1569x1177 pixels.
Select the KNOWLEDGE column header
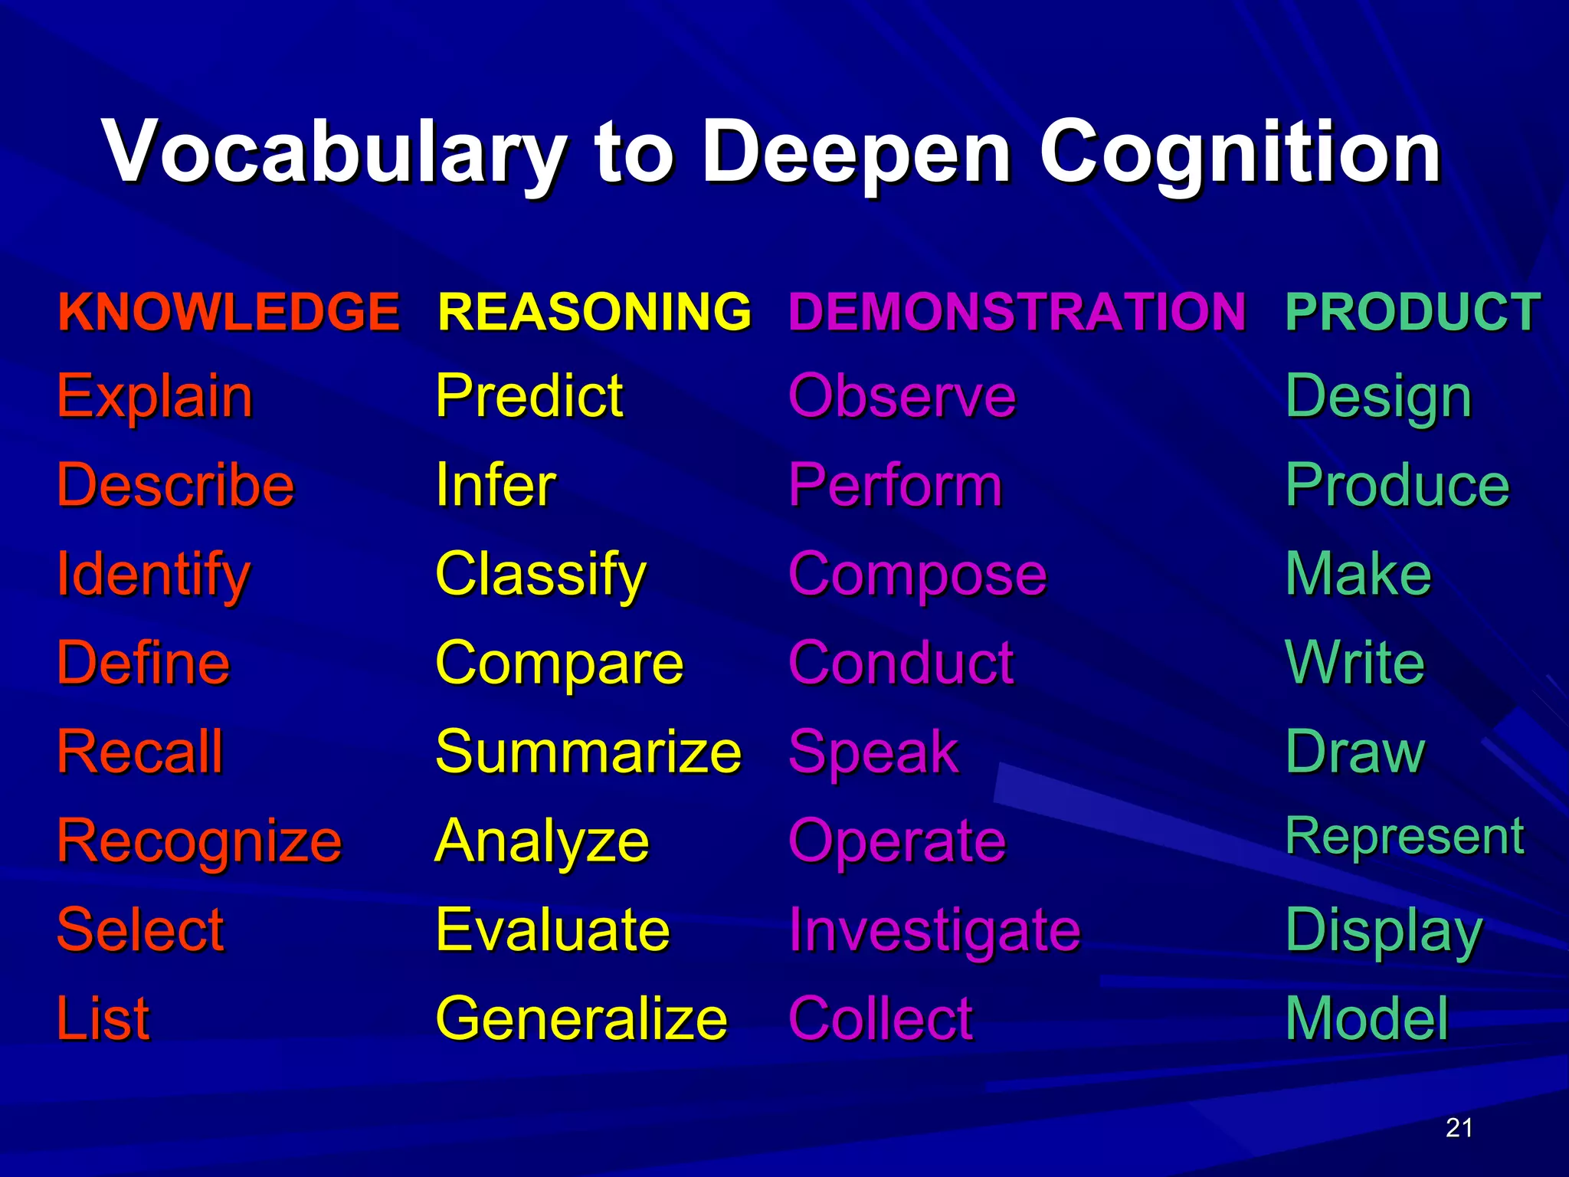click(x=228, y=312)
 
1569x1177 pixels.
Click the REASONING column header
click(x=595, y=312)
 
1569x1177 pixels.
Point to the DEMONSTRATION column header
click(x=1017, y=312)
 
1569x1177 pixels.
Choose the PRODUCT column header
click(x=1413, y=312)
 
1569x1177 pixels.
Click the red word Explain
click(x=155, y=397)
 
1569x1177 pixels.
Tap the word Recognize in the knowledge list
click(x=199, y=841)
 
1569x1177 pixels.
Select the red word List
click(x=103, y=1018)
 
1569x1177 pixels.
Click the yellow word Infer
click(x=496, y=485)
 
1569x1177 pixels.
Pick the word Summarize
click(x=588, y=752)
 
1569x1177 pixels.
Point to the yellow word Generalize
click(x=581, y=1018)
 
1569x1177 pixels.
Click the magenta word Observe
click(x=902, y=397)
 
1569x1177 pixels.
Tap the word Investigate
click(x=934, y=930)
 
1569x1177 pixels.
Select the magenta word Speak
click(x=873, y=752)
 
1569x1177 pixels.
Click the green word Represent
click(x=1404, y=836)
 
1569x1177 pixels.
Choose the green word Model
click(x=1367, y=1018)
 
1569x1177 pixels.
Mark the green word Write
click(x=1354, y=663)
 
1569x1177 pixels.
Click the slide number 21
click(x=1459, y=1128)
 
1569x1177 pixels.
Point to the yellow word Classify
click(x=541, y=575)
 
